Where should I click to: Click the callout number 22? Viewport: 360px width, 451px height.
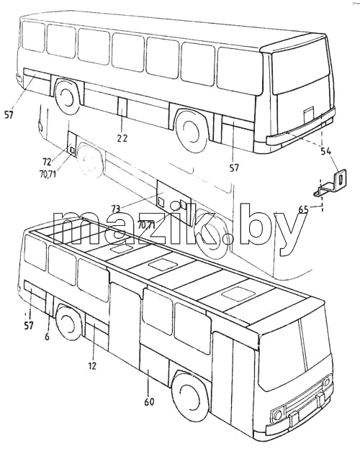(122, 138)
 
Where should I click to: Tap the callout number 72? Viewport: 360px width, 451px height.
(47, 162)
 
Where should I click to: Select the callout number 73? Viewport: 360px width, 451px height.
(115, 209)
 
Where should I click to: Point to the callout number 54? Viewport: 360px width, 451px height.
(326, 151)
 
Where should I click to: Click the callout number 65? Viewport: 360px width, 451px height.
(303, 209)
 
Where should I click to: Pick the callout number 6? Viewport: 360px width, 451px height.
(48, 336)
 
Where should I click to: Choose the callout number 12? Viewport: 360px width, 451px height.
(92, 366)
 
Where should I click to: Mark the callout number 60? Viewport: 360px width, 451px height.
(149, 401)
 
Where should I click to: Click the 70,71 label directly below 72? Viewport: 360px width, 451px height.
(48, 174)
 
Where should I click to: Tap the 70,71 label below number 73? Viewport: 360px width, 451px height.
(146, 225)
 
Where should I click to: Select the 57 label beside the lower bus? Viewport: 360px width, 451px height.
(29, 326)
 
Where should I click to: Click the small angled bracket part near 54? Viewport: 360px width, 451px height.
(330, 184)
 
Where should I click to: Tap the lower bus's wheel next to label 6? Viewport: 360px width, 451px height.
(68, 323)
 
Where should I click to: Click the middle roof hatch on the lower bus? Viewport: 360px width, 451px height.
(162, 265)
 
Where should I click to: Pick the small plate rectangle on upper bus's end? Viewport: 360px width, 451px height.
(309, 114)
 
